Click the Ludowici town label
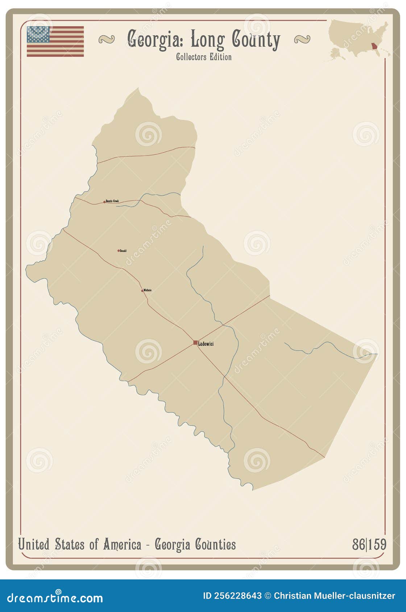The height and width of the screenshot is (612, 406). point(206,344)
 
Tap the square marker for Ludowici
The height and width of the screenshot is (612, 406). point(195,343)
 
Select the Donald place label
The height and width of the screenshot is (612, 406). point(123,251)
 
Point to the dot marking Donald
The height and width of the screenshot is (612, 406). point(119,251)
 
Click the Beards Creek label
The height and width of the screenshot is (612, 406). point(112,201)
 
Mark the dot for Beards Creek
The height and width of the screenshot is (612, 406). point(104,202)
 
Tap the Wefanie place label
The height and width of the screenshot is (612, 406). point(148,290)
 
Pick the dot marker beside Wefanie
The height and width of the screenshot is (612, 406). point(142,290)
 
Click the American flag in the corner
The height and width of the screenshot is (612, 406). point(55,41)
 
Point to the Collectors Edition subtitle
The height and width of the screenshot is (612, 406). point(204,57)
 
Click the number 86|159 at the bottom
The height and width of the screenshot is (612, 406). point(369,544)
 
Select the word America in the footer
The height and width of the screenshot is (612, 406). point(122,544)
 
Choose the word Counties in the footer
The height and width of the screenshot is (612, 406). point(215,544)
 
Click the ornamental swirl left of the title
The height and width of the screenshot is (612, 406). point(106,39)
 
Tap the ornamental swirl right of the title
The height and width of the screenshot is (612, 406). point(302,39)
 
